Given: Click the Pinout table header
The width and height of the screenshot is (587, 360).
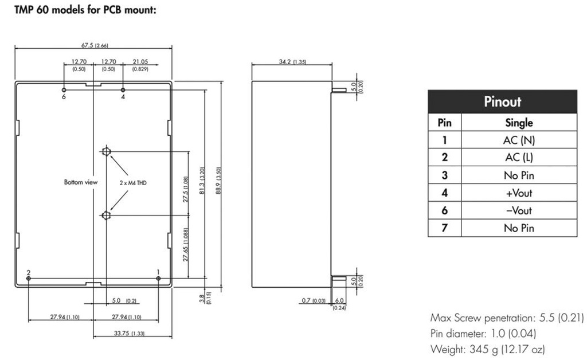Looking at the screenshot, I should [x=502, y=102].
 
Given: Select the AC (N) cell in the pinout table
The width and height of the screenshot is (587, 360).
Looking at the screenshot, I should [x=519, y=140].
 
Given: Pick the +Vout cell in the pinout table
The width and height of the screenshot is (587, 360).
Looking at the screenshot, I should [x=519, y=193].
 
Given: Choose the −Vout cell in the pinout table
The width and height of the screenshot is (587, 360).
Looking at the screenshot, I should [x=519, y=210].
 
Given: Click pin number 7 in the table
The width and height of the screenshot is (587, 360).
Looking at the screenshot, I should [x=444, y=228].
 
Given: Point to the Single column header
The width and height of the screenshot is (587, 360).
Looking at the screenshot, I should [x=519, y=122].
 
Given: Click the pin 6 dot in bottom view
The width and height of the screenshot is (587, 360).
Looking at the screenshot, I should [x=64, y=90].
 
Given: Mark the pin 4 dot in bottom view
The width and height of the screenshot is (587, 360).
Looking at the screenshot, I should [x=123, y=90].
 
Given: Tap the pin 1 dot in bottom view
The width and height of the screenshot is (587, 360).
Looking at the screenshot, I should [x=158, y=279].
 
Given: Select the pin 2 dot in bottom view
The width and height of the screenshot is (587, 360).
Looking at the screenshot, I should [x=29, y=279].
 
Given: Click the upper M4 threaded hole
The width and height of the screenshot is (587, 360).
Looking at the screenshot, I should [x=106, y=152].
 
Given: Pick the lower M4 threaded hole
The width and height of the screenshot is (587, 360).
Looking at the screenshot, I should [x=106, y=216].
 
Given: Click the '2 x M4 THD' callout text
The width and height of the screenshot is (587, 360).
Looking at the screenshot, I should [x=133, y=182].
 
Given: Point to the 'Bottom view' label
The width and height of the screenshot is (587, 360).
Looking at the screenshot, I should [x=81, y=182].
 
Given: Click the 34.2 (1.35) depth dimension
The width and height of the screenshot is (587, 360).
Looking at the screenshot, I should [x=292, y=61].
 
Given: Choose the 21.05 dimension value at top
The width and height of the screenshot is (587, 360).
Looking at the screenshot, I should [x=140, y=62].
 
